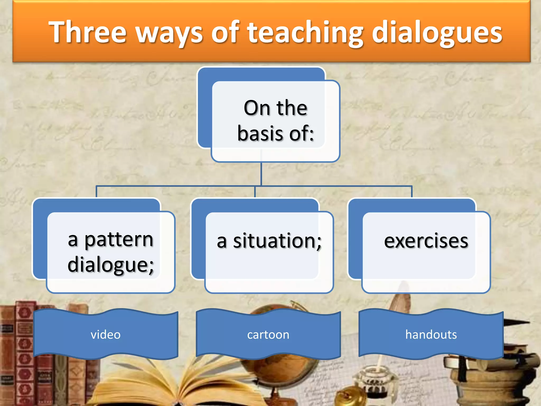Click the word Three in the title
(x=87, y=32)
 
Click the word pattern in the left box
(x=119, y=240)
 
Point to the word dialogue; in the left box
(x=111, y=265)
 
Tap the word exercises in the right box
(x=426, y=241)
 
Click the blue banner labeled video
(x=106, y=334)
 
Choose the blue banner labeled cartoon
(x=268, y=334)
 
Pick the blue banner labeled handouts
(x=431, y=334)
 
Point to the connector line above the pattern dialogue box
(x=96, y=192)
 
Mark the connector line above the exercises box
(x=412, y=192)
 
